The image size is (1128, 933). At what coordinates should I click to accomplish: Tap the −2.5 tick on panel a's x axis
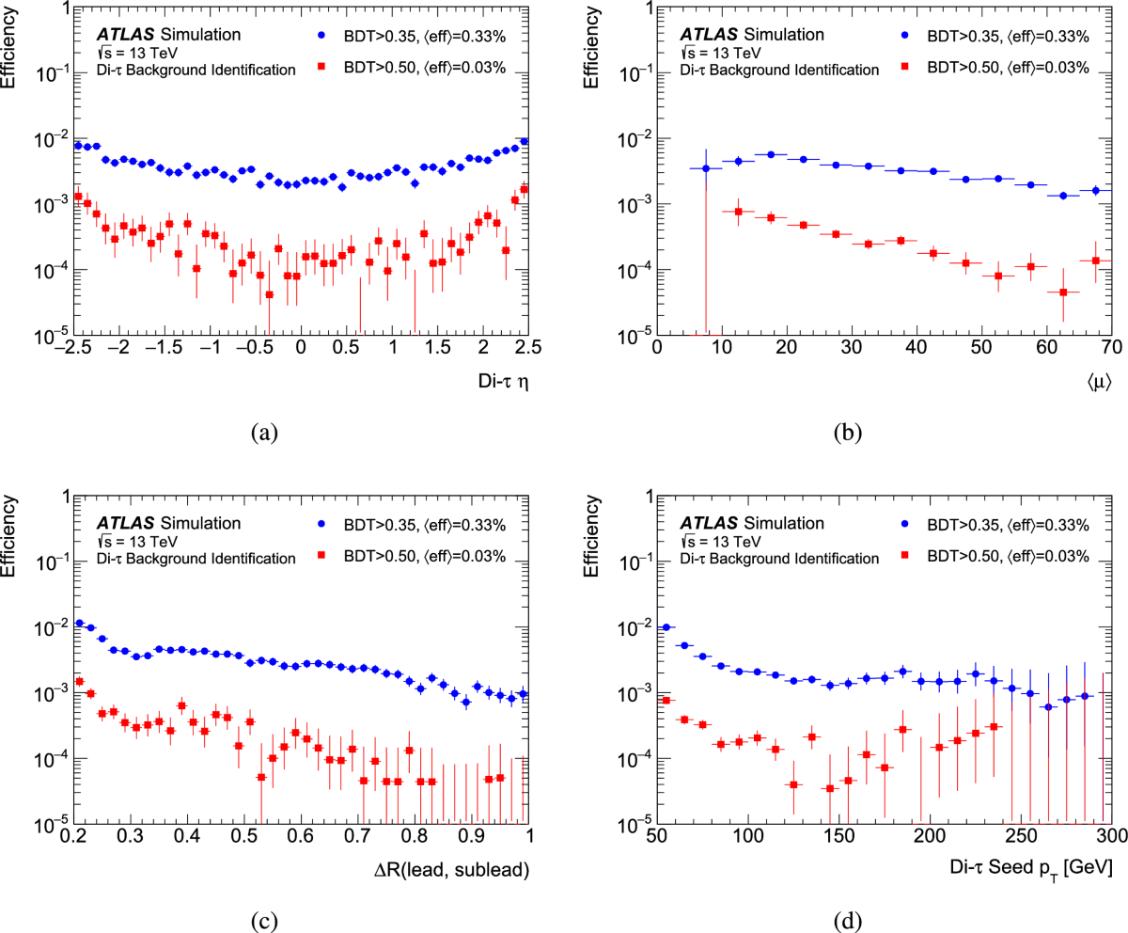point(72,347)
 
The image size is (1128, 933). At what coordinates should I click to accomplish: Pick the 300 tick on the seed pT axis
point(1108,835)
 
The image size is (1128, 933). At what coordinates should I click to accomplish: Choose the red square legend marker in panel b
point(907,68)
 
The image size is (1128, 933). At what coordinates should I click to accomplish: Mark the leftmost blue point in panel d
point(666,627)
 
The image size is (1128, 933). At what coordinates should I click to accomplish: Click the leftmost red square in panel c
point(80,681)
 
